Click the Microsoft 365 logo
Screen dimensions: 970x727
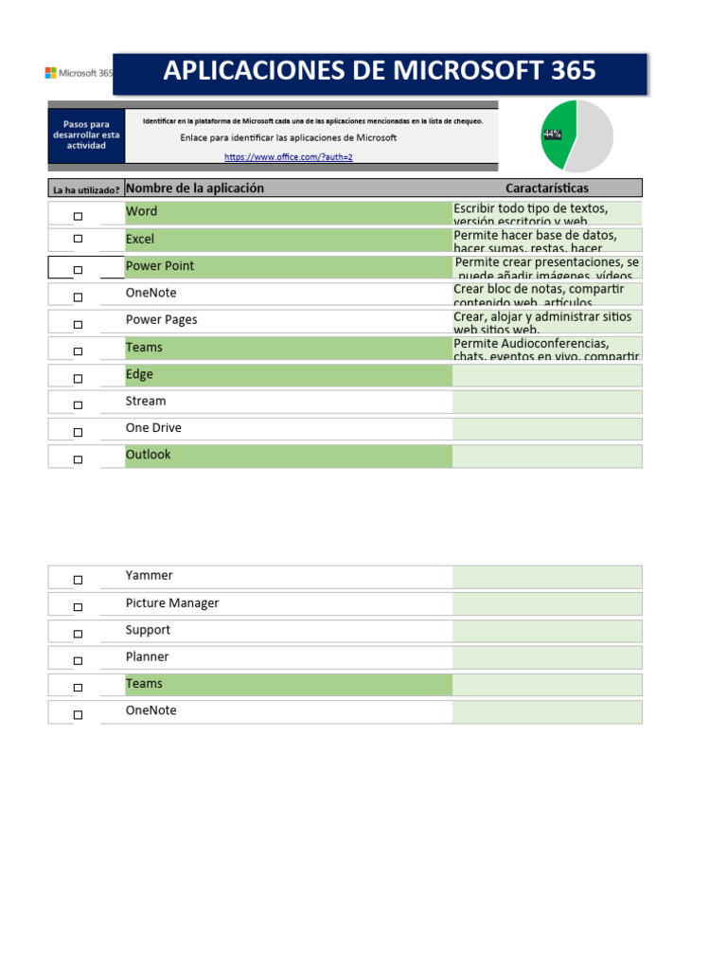pyautogui.click(x=79, y=73)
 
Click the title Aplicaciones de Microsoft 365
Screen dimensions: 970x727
pyautogui.click(x=380, y=71)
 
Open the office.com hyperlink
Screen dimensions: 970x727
pyautogui.click(x=288, y=156)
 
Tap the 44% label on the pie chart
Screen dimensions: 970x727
pyautogui.click(x=552, y=135)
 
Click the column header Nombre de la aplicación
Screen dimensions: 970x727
pyautogui.click(x=194, y=188)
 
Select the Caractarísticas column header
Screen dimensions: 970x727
pyautogui.click(x=546, y=188)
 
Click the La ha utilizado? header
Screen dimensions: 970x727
pyautogui.click(x=85, y=189)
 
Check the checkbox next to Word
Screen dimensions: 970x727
pyautogui.click(x=78, y=217)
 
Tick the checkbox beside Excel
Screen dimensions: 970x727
pyautogui.click(x=78, y=239)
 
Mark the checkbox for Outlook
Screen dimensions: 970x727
pyautogui.click(x=78, y=459)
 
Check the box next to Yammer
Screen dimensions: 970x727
pyautogui.click(x=78, y=580)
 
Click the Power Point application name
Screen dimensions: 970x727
pyautogui.click(x=160, y=266)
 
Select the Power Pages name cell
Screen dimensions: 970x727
pyautogui.click(x=161, y=320)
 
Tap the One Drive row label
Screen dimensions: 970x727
pyautogui.click(x=153, y=428)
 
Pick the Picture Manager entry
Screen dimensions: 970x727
pyautogui.click(x=171, y=603)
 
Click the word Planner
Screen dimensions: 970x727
pyautogui.click(x=147, y=657)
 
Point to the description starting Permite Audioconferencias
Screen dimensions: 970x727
pyautogui.click(x=546, y=349)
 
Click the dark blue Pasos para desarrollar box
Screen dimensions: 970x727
pyautogui.click(x=86, y=135)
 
